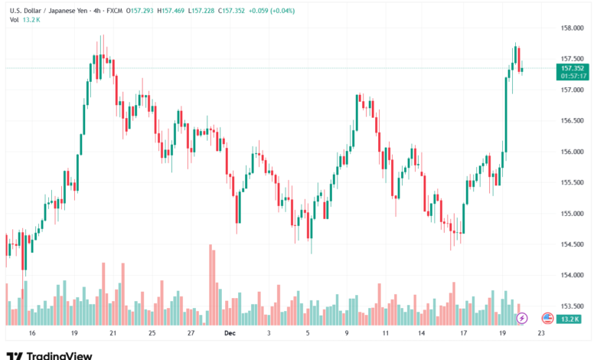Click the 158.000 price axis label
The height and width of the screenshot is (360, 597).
pyautogui.click(x=573, y=28)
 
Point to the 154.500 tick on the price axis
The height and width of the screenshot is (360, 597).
pyautogui.click(x=573, y=244)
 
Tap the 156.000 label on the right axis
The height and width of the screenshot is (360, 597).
pyautogui.click(x=573, y=152)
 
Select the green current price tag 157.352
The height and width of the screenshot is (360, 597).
pyautogui.click(x=573, y=68)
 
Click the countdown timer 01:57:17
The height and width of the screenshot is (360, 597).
pyautogui.click(x=573, y=76)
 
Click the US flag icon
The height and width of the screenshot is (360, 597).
pyautogui.click(x=547, y=317)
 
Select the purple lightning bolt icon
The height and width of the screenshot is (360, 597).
pyautogui.click(x=522, y=317)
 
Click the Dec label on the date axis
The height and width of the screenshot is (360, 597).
pyautogui.click(x=230, y=334)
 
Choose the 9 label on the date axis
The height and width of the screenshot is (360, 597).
pyautogui.click(x=347, y=334)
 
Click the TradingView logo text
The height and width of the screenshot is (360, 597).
pyautogui.click(x=59, y=355)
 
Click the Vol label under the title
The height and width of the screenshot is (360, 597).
pyautogui.click(x=14, y=20)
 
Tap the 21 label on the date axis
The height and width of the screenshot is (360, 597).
pyautogui.click(x=113, y=334)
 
